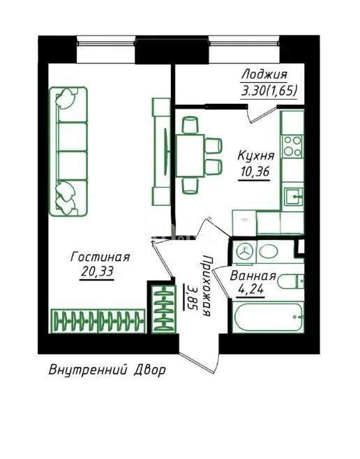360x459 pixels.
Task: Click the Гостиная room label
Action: pos(100,257)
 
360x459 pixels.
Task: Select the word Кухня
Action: pos(256,155)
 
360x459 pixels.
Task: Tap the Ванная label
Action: pos(254,278)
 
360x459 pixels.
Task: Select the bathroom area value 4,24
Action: pos(250,292)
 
